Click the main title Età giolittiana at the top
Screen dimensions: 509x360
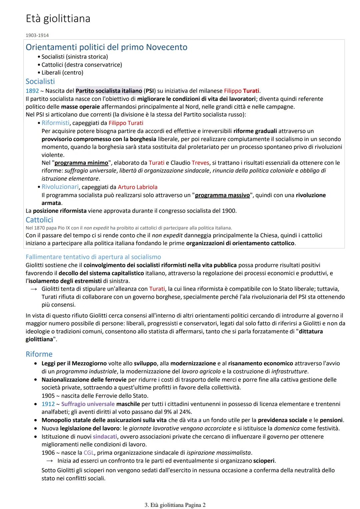[58, 19]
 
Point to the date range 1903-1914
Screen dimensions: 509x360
[37, 35]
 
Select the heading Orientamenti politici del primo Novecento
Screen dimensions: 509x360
[106, 47]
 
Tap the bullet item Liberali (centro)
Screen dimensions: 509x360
[62, 73]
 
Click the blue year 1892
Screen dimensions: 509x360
[32, 91]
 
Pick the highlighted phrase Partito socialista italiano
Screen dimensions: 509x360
[109, 91]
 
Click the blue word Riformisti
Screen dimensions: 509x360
[56, 123]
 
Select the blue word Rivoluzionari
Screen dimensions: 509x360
[60, 187]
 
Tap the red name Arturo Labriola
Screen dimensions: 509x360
[138, 187]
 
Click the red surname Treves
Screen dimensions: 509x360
[200, 163]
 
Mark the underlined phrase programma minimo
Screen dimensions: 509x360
[81, 163]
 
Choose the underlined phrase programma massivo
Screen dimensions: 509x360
[222, 195]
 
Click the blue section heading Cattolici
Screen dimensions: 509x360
[39, 220]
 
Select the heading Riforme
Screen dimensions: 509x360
[39, 354]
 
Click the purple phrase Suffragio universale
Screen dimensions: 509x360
[88, 404]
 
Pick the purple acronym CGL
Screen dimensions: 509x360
[89, 453]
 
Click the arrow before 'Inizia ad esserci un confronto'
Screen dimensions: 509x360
[50, 461]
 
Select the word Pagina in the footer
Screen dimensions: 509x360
[193, 505]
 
